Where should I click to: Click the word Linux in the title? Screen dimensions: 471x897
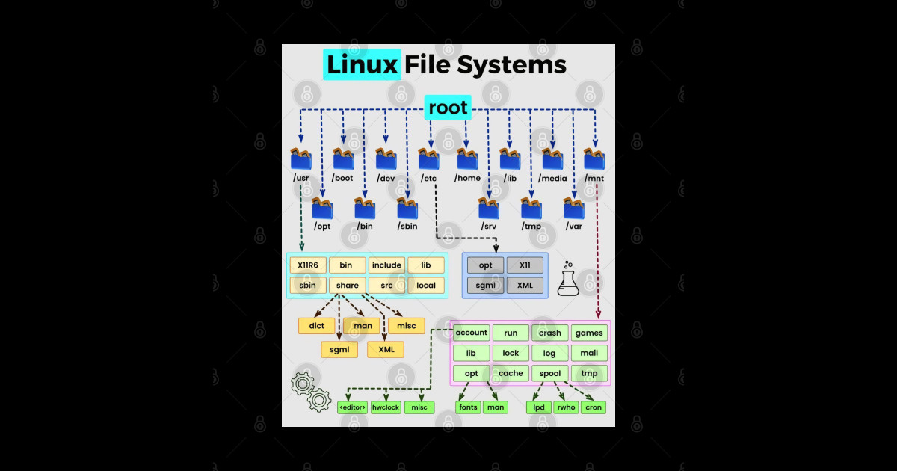pos(363,65)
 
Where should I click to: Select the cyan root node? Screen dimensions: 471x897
pos(448,108)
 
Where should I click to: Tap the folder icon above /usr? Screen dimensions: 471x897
pos(300,159)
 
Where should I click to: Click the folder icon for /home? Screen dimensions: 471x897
pos(467,159)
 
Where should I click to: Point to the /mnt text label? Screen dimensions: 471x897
pos(594,178)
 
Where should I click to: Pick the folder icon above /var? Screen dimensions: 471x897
pos(574,208)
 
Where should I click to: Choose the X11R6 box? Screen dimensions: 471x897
pos(308,265)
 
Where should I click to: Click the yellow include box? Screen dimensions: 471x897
pos(386,265)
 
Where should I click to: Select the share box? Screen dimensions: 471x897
pos(347,285)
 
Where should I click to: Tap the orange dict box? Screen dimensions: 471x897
pos(316,326)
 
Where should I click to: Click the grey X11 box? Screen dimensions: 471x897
pos(525,265)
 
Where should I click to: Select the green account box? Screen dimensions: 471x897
pos(471,333)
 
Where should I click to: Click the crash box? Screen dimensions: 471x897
pos(549,333)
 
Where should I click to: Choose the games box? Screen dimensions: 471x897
pos(589,333)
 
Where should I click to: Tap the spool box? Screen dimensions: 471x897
pos(549,373)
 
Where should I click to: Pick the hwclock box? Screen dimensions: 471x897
pos(386,407)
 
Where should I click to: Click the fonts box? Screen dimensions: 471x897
pos(468,407)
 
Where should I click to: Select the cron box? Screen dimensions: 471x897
pos(594,407)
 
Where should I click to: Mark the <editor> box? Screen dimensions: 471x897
pos(352,407)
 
